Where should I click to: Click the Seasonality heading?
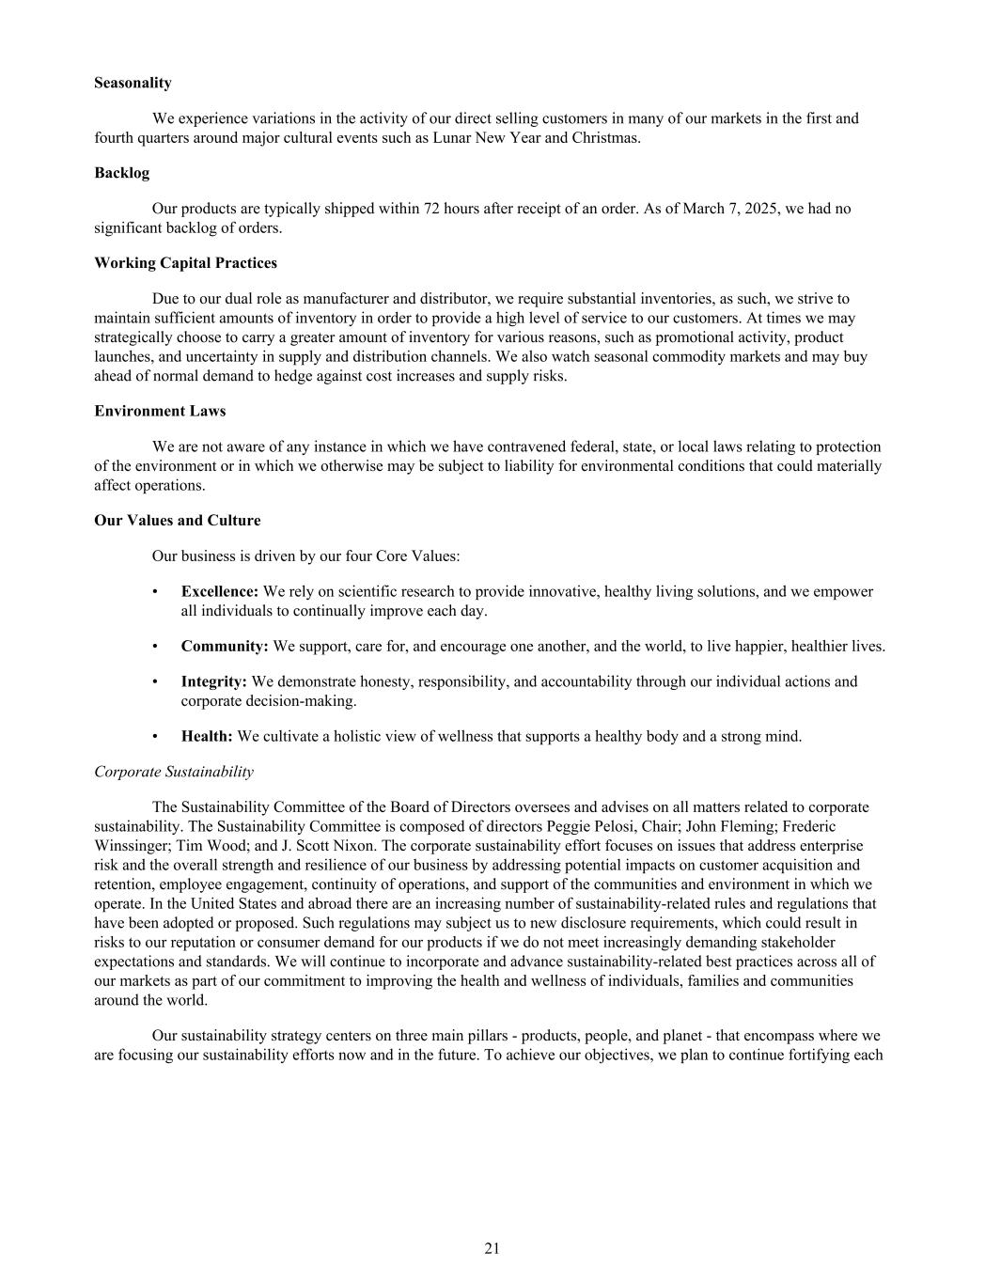point(133,83)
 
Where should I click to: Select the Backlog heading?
point(121,173)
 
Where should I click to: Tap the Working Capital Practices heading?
point(185,263)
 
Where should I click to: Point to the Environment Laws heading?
point(160,412)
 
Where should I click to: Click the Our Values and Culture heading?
point(177,521)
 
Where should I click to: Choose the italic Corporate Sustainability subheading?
point(174,772)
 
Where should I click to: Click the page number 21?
point(492,1248)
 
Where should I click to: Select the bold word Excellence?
point(219,592)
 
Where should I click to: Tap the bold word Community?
point(225,647)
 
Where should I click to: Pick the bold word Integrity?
point(213,681)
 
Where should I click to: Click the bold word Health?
point(207,736)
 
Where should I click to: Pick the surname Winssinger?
point(132,846)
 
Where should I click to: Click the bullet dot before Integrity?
point(155,681)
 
